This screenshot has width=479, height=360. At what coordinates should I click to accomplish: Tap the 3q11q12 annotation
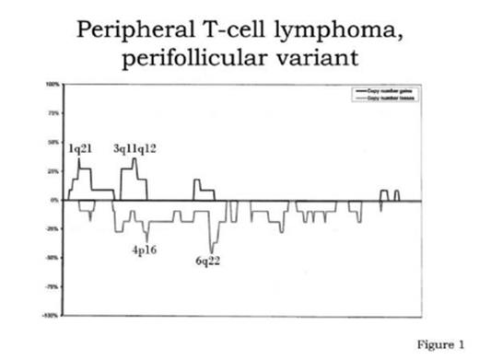[x=134, y=148]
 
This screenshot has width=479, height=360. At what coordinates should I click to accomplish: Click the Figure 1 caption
[x=442, y=345]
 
